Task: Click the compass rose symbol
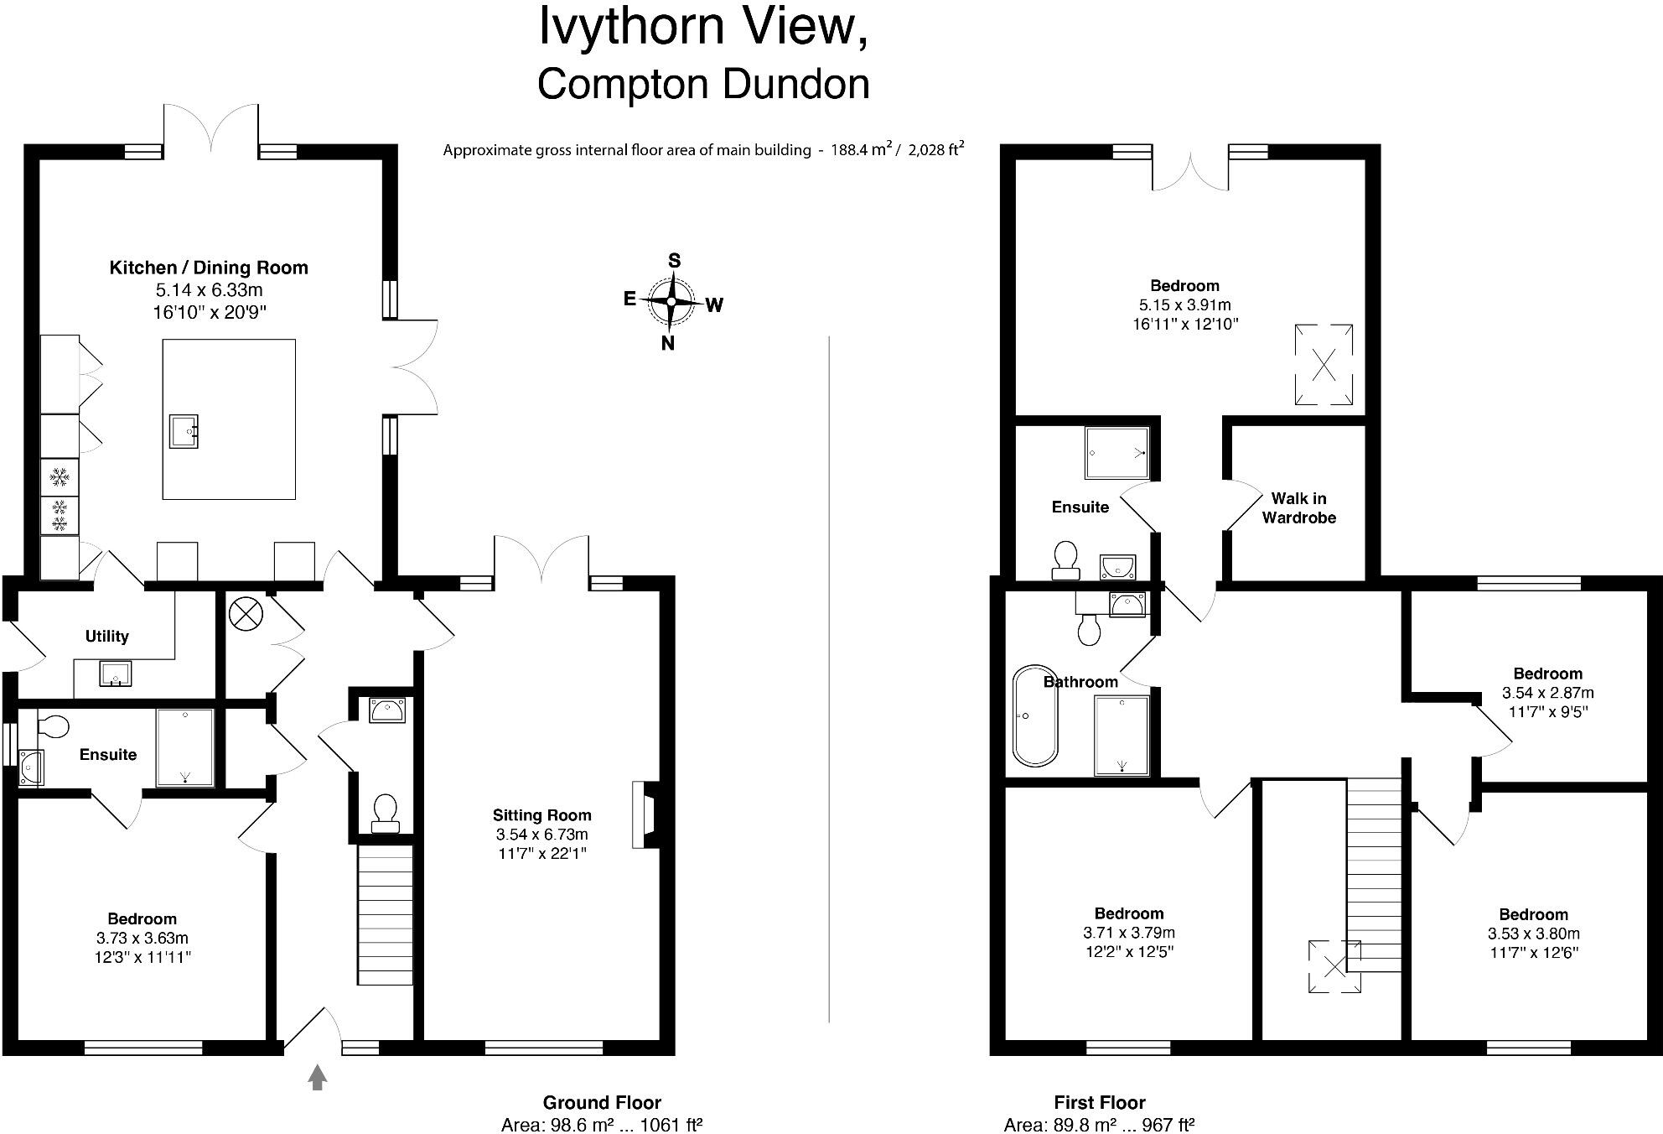(x=671, y=301)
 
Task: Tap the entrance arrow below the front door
(x=317, y=1077)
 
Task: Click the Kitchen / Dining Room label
(x=209, y=268)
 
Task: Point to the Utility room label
(x=107, y=636)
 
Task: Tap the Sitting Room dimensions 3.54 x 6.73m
(x=541, y=835)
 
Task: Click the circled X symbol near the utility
(x=246, y=615)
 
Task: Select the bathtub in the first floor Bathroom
(x=1036, y=715)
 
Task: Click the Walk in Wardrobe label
(x=1298, y=508)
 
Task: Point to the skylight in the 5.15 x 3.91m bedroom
(x=1324, y=365)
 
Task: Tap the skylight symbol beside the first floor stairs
(x=1334, y=966)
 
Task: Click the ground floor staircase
(x=386, y=914)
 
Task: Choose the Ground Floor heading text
(x=602, y=1102)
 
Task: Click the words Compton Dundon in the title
(x=702, y=84)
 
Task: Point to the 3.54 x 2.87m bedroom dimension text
(x=1547, y=693)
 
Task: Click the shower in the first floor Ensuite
(x=1116, y=453)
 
